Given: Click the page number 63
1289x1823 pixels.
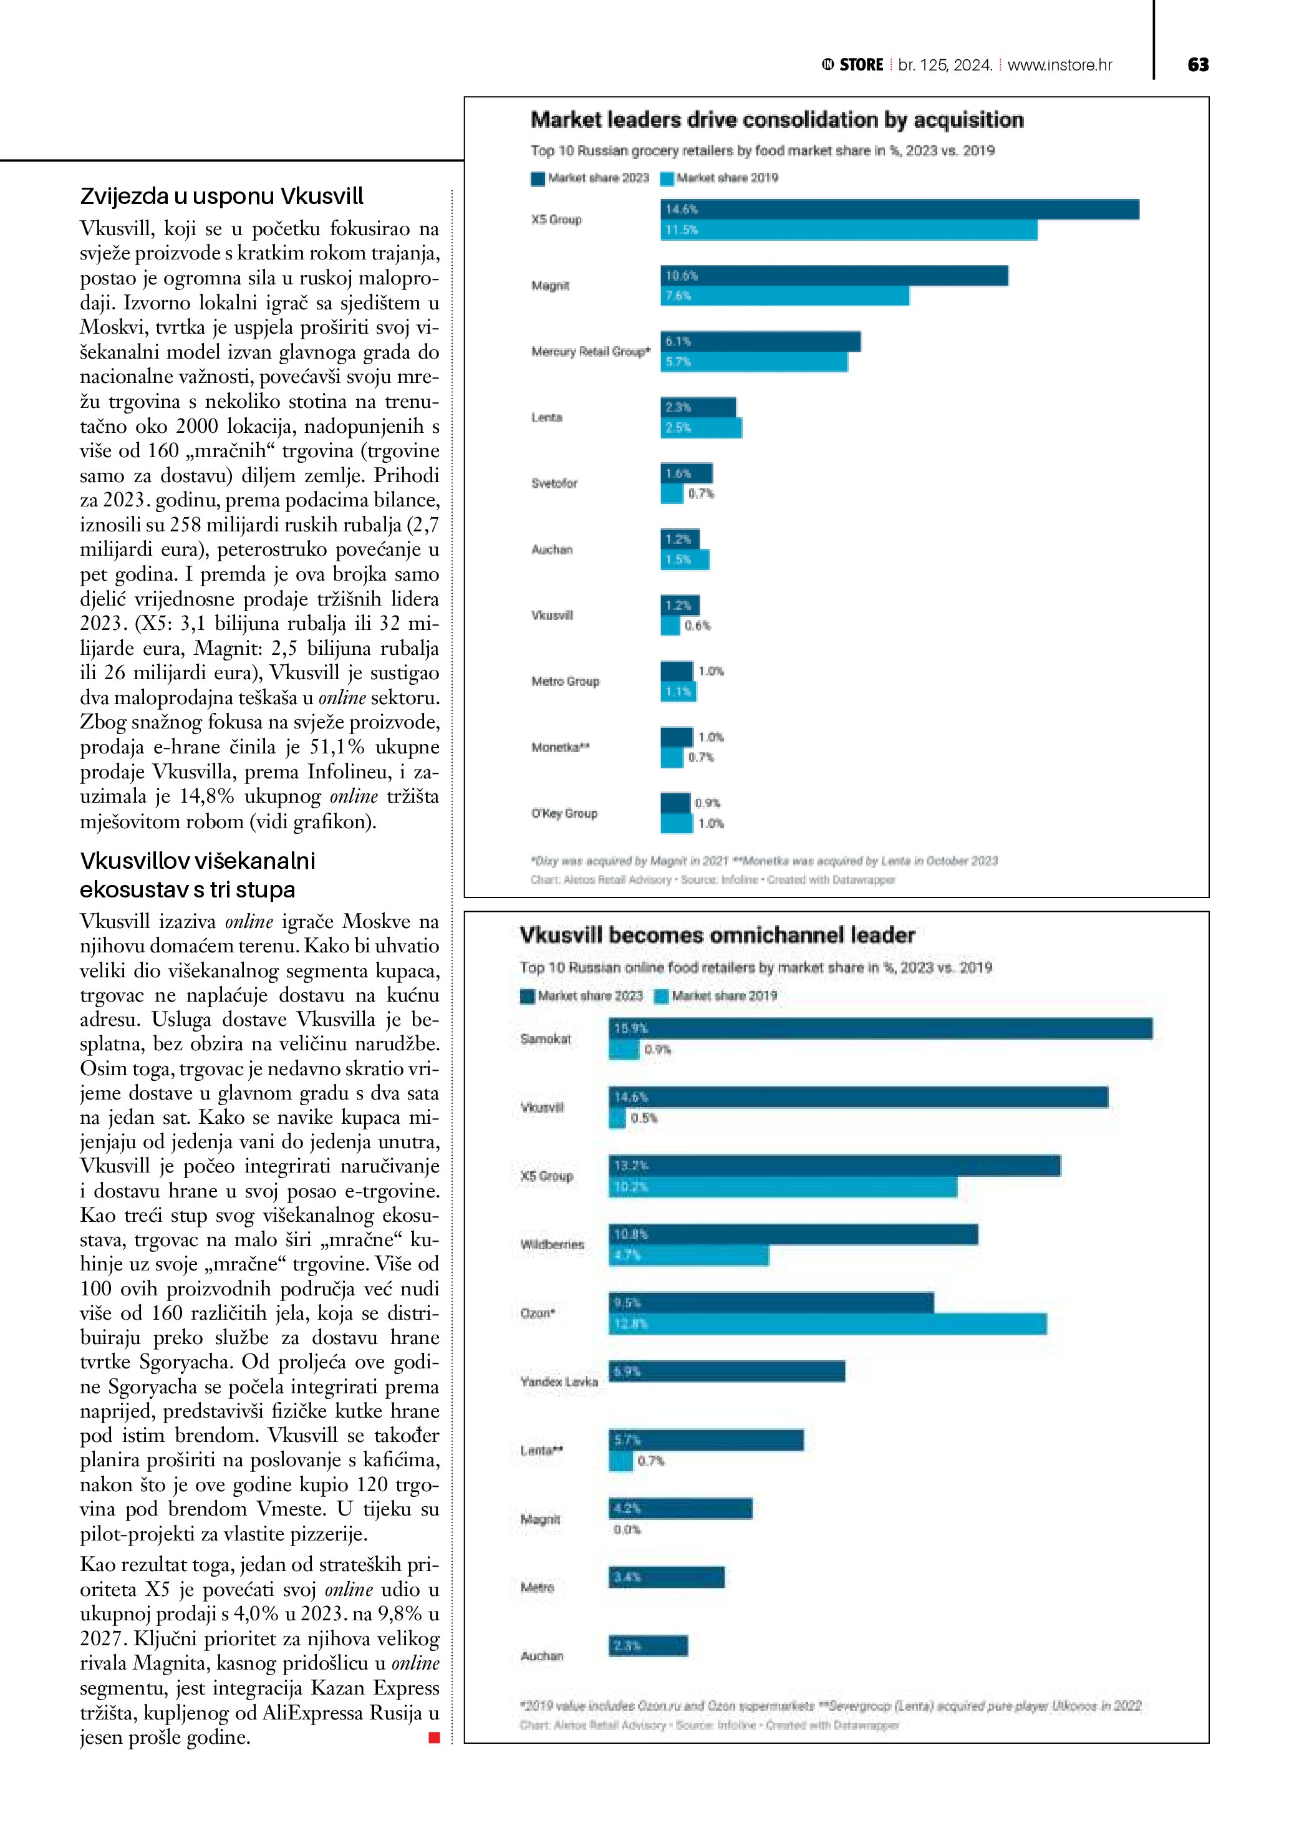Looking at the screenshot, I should point(1198,65).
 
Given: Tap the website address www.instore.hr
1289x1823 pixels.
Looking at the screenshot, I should point(1060,65).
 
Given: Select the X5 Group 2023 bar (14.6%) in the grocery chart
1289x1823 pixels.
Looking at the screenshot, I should point(899,210).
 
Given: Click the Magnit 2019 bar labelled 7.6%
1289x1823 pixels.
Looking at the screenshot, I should point(785,296).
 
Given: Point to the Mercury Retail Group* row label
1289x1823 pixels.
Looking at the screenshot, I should point(591,352).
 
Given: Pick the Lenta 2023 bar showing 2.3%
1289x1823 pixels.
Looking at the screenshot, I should point(698,407).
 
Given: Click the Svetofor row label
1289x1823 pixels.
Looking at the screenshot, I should point(554,483).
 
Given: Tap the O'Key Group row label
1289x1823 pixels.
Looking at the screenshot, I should point(564,813).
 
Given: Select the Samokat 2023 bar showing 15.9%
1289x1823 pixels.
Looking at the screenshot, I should point(881,1028).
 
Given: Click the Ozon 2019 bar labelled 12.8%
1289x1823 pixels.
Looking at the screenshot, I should point(827,1323).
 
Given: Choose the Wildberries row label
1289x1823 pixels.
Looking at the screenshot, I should point(552,1245).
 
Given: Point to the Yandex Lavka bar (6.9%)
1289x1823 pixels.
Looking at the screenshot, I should point(727,1371).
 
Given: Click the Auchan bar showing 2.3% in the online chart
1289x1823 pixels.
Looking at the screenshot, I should point(648,1646).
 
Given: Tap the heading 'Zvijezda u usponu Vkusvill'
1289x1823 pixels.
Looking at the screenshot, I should point(221,196).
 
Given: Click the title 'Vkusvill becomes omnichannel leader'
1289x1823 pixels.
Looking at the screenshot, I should point(717,936).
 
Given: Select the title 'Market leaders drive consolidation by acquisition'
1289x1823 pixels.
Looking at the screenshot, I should point(776,120).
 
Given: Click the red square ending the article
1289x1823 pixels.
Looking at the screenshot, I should point(434,1738).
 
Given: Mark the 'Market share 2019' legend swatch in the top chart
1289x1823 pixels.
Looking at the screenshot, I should point(667,178).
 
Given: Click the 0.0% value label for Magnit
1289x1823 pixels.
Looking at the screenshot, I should point(626,1529).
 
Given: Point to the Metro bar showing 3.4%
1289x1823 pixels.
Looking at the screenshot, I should point(666,1577).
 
